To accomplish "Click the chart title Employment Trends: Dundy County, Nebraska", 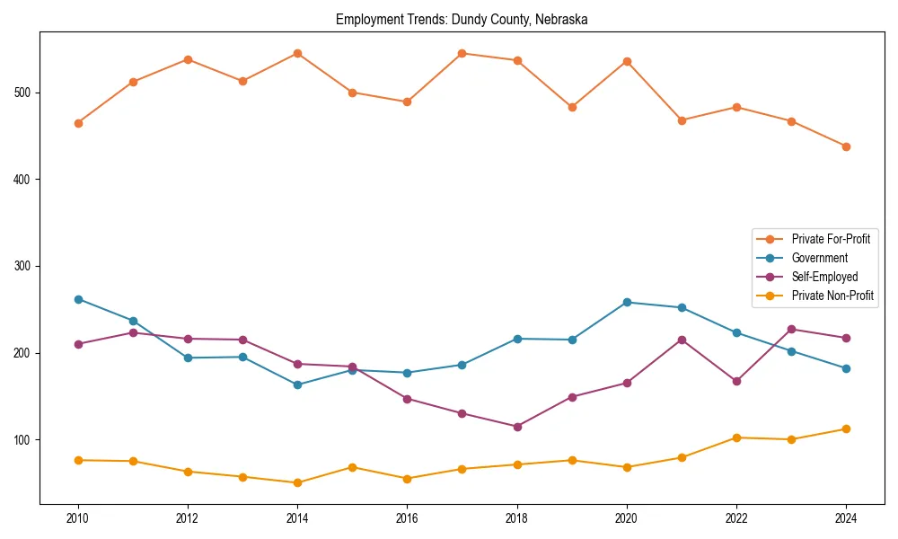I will point(462,19).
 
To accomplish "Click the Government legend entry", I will point(819,258).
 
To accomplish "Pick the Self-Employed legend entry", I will point(824,277).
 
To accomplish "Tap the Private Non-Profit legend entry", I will point(832,296).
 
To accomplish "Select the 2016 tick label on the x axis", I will point(407,518).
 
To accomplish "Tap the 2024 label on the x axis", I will point(846,518).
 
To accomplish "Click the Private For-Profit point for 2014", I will point(297,53).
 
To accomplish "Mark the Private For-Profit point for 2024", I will point(846,146).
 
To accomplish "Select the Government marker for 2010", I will point(78,299).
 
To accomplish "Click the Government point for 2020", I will point(627,302).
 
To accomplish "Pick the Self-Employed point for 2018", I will point(517,427).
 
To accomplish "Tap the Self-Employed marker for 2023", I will point(791,329).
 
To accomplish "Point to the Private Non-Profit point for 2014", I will point(297,482).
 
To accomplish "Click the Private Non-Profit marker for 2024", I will point(846,429).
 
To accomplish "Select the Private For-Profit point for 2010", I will point(78,123).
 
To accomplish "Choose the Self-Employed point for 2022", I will point(736,381).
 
